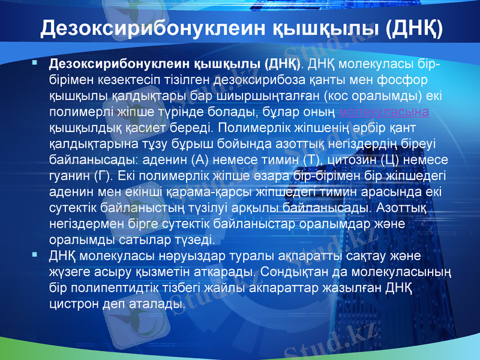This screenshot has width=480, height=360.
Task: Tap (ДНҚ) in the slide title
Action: [x=415, y=28]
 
